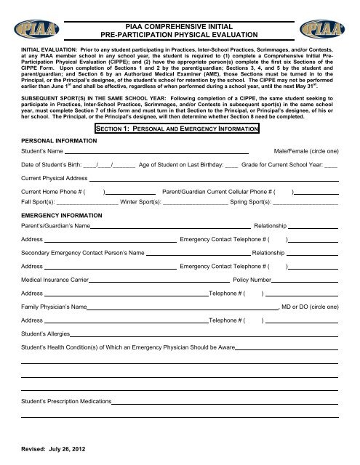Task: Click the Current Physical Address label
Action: (x=55, y=177)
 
